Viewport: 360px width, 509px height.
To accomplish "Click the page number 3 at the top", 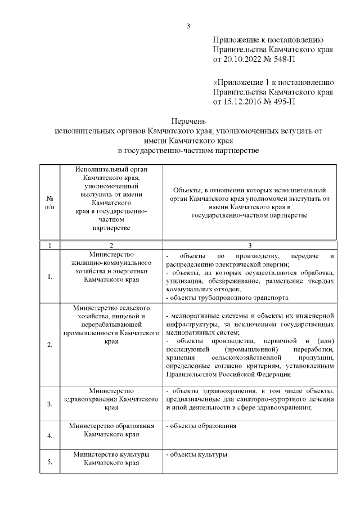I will coord(188,25).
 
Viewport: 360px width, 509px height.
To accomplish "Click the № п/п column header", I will coord(49,204).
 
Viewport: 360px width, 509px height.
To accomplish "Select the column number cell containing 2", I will coord(111,245).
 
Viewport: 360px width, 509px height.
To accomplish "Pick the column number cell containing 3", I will coord(250,245).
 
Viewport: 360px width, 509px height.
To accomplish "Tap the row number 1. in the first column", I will coord(49,277).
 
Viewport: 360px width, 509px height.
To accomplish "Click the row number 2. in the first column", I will coord(49,345).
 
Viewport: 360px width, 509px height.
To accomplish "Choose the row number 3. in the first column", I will coord(49,404).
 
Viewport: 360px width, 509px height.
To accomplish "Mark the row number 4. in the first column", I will coord(49,435).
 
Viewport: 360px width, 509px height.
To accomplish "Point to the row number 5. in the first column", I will coord(49,462).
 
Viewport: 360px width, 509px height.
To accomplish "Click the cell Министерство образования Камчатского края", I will coord(111,430).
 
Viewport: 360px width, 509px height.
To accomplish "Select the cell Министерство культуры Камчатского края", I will coord(111,458).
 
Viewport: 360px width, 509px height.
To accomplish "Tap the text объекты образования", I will coord(202,426).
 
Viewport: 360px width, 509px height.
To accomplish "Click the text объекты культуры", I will coord(198,454).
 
